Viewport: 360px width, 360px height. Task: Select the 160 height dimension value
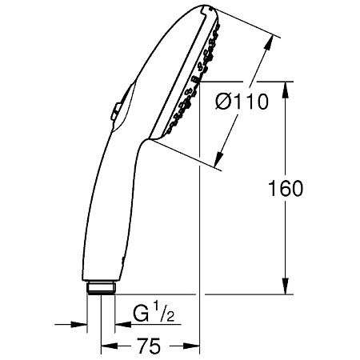(x=287, y=189)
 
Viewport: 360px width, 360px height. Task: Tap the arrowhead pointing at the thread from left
(x=81, y=324)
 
